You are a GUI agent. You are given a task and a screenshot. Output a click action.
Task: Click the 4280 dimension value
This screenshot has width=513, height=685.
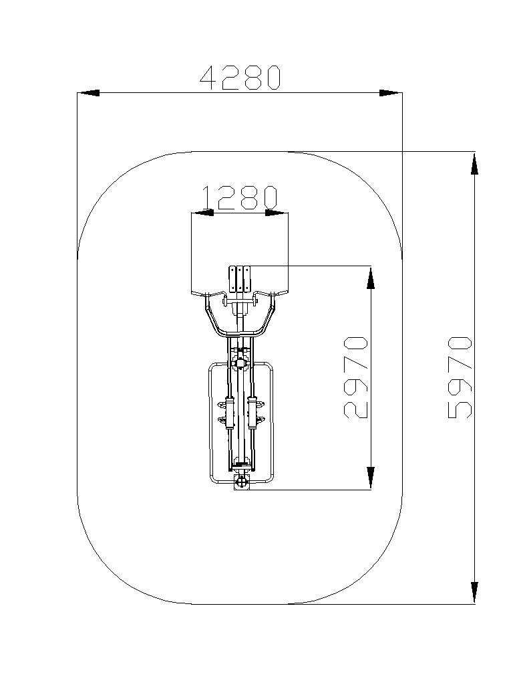tap(240, 78)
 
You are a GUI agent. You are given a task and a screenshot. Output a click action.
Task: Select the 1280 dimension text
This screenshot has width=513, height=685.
tap(240, 197)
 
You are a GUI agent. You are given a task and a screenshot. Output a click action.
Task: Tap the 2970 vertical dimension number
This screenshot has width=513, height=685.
tap(356, 377)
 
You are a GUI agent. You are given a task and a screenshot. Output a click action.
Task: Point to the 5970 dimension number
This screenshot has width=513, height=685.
tap(460, 377)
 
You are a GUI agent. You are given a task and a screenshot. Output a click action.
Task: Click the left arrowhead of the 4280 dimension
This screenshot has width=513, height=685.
tap(88, 93)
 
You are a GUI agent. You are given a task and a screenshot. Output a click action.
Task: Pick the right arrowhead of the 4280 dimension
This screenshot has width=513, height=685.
tap(390, 93)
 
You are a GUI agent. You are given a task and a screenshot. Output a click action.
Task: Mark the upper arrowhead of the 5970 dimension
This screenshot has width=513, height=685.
tap(475, 163)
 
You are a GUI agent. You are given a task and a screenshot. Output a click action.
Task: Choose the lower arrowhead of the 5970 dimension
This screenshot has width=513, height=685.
tap(475, 593)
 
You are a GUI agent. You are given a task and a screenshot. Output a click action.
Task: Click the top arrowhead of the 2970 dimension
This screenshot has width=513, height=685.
tap(371, 277)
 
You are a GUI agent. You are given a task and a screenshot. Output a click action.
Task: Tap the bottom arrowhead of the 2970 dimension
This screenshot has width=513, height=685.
tap(371, 478)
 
